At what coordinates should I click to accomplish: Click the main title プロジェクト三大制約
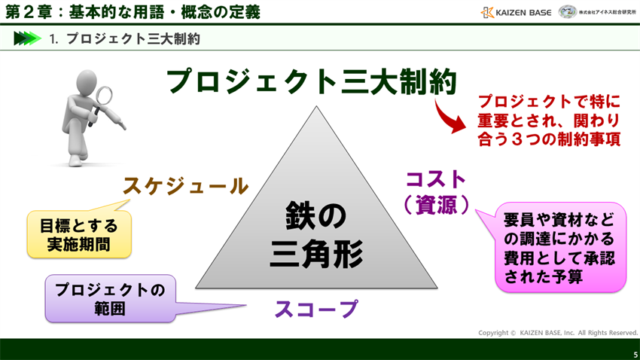311,81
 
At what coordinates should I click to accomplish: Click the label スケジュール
185,186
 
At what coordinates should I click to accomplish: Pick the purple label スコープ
315,309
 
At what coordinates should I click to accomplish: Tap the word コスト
437,179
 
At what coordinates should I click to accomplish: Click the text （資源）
437,204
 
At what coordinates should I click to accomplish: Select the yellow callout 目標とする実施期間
79,233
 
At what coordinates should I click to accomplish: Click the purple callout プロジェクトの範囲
110,299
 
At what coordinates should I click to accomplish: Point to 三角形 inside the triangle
316,254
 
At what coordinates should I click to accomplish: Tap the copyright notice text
558,332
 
